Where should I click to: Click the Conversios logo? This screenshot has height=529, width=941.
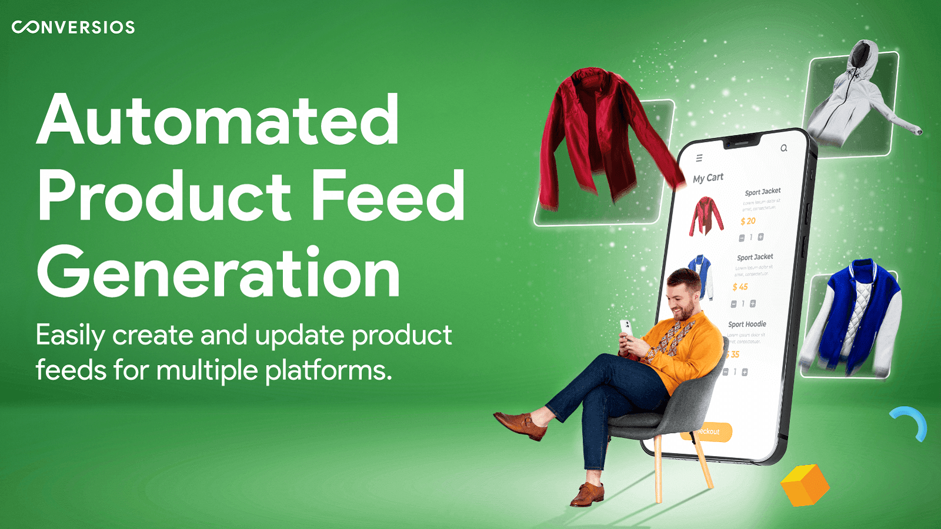coord(74,27)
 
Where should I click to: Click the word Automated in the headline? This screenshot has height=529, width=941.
coord(218,120)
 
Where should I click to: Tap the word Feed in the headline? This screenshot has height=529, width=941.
coord(388,196)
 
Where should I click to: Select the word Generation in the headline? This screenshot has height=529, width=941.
coord(218,273)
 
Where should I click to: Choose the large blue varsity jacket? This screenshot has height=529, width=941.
coord(853,317)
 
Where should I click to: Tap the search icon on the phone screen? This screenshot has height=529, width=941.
coord(783,148)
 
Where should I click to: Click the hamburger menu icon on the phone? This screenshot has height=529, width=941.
coord(699,158)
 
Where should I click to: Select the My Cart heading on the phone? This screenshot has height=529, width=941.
coord(708,178)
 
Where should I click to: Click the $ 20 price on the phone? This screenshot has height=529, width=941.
coord(748,221)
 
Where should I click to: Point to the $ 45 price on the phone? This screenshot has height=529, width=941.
coord(740,287)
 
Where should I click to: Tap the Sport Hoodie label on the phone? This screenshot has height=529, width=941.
coord(747,324)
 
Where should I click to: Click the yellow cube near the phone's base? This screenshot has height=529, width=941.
coord(805,485)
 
